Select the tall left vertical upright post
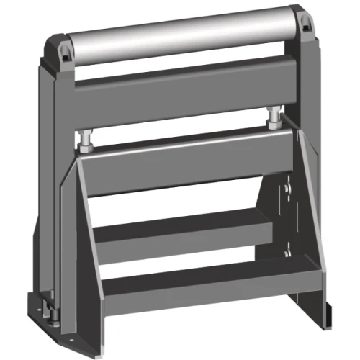coord(43,180)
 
